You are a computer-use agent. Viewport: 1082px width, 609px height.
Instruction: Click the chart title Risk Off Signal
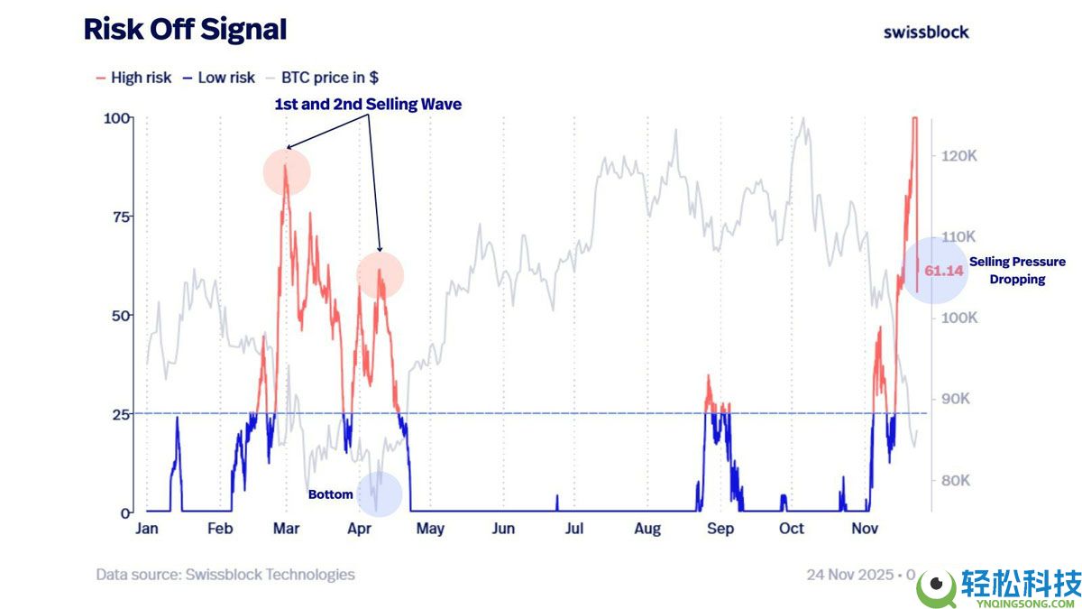click(x=185, y=30)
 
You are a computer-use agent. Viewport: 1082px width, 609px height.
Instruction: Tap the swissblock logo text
click(x=926, y=32)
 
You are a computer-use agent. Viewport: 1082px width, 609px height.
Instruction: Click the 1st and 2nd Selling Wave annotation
click(x=368, y=105)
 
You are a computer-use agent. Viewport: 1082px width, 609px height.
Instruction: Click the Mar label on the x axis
click(x=287, y=529)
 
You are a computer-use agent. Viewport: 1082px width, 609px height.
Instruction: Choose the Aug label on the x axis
click(x=647, y=529)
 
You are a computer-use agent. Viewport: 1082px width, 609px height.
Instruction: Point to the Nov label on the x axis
click(x=865, y=529)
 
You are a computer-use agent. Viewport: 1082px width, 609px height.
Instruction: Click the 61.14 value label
click(x=944, y=271)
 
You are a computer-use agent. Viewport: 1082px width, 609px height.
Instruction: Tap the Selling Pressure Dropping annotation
click(x=1017, y=271)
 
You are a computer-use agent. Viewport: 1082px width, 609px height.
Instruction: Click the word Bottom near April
click(x=331, y=494)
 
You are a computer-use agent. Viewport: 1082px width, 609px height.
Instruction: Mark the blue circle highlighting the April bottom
click(x=380, y=494)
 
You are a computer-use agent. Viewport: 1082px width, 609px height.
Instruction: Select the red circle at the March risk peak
click(x=287, y=172)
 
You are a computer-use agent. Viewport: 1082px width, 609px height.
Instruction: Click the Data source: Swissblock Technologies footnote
click(x=225, y=575)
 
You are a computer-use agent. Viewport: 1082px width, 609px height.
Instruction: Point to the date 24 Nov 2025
click(x=850, y=575)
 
